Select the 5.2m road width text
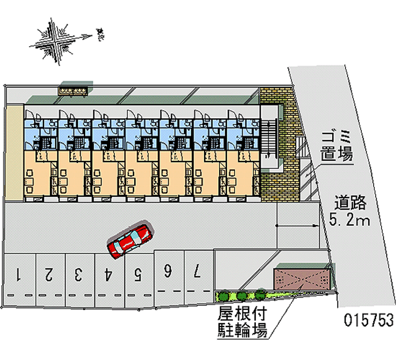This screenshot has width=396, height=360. coord(349,219)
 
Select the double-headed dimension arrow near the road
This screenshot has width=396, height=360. coord(297,226)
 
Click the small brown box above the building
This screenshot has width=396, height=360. coord(74,89)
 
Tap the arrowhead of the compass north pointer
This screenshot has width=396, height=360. coord(91,36)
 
